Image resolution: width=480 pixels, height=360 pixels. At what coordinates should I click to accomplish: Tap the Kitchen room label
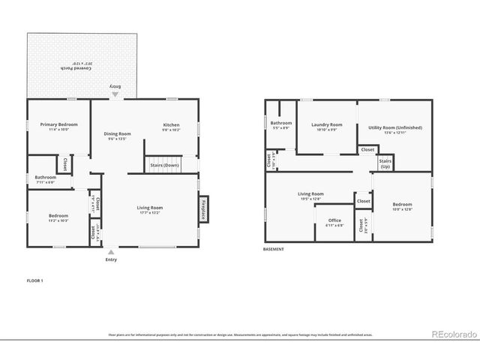click(171, 124)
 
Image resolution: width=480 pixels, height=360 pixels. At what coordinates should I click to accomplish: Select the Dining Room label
click(117, 133)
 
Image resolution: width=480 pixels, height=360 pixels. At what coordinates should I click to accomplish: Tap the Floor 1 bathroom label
click(45, 177)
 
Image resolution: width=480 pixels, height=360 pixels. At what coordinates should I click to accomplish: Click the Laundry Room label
click(326, 124)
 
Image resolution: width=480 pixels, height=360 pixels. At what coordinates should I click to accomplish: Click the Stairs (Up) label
click(385, 163)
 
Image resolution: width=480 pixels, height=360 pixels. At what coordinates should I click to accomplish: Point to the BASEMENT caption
click(274, 250)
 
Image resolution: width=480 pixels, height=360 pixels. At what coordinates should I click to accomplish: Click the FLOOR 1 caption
click(34, 280)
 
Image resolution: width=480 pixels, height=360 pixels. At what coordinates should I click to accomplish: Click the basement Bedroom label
click(402, 204)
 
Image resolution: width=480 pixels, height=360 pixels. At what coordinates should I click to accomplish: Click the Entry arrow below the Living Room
click(111, 253)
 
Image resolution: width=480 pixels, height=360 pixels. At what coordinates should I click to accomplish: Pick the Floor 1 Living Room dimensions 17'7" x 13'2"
click(149, 212)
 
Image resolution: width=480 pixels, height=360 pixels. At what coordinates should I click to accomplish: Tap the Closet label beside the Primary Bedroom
click(65, 163)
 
